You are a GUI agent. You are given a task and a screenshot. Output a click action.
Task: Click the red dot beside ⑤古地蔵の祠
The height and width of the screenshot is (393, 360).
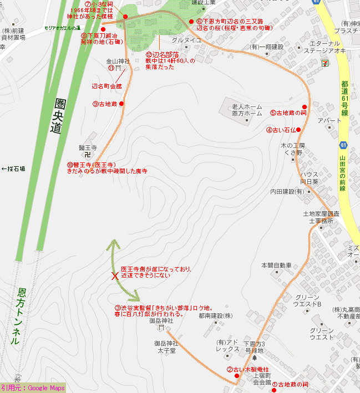pos(305,107)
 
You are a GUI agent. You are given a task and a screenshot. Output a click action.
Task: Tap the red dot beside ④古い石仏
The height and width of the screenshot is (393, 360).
pos(298,130)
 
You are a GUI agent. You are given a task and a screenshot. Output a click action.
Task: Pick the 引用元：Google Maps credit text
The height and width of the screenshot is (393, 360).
pos(33,388)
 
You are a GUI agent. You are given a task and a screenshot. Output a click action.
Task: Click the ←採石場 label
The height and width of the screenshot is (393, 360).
pos(13,169)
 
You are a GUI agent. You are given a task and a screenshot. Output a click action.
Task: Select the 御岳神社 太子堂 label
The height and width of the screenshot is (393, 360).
pos(165,347)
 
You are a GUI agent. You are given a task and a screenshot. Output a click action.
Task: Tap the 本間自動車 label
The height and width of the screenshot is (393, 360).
pos(276,266)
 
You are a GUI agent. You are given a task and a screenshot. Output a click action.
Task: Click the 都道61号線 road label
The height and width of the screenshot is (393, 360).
pos(344,98)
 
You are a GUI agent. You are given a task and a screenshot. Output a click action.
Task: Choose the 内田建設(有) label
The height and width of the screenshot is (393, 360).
pos(287,191)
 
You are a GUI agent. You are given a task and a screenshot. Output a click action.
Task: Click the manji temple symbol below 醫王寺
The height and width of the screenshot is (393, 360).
pos(88,156)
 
